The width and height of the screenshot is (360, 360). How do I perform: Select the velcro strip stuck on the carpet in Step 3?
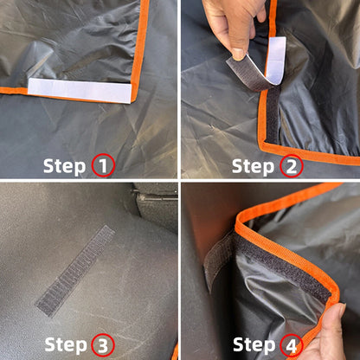click(x=74, y=269)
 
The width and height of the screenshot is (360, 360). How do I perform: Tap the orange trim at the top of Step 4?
click(x=303, y=196)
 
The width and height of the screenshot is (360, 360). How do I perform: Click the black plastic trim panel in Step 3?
click(x=156, y=208)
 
